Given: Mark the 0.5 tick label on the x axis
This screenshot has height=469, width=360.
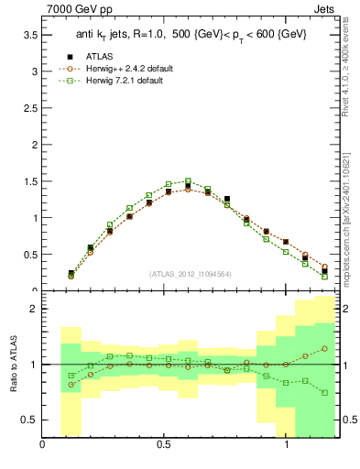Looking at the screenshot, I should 164,446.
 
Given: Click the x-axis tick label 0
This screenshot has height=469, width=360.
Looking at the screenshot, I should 42,446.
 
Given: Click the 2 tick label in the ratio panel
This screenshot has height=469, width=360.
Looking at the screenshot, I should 33,310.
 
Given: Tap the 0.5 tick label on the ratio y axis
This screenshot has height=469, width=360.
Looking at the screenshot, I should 28,420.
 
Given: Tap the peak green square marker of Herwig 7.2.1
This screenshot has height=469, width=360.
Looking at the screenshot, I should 188,181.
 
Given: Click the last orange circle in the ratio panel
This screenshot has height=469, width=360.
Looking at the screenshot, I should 325,348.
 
